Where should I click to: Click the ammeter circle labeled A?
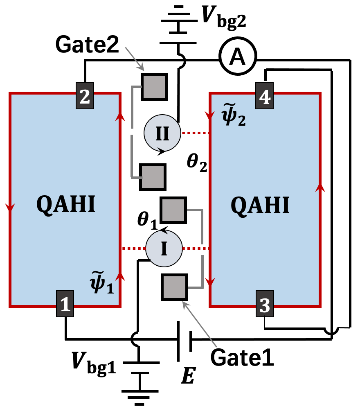(238, 56)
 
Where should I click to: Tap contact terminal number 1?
(65, 303)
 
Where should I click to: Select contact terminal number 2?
(85, 95)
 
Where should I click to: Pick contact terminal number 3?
(265, 303)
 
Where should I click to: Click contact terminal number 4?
(265, 95)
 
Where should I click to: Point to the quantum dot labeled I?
(164, 248)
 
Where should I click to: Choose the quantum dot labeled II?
(162, 133)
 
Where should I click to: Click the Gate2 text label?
(87, 45)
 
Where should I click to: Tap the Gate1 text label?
(242, 357)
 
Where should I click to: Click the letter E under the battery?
(189, 376)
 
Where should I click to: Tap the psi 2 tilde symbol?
(234, 115)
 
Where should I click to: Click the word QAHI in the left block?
(66, 204)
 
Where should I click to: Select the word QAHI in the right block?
(260, 205)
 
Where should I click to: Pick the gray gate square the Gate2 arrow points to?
(154, 87)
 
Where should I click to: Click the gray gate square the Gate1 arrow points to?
(174, 287)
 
